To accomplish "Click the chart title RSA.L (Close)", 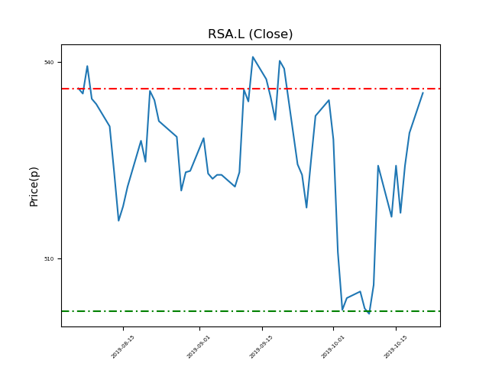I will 250,34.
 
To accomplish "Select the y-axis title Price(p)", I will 34,186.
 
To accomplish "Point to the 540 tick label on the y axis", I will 48,62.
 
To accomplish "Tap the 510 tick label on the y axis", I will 48,258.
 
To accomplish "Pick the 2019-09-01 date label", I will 199,346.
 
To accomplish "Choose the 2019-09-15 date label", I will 262,346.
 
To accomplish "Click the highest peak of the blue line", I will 252,57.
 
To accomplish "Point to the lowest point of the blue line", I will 369,313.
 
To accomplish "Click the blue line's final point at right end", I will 423,93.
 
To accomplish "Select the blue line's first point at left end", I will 79,89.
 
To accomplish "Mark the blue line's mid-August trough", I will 118,221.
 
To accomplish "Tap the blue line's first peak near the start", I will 87,66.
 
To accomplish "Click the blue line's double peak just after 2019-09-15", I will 280,61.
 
